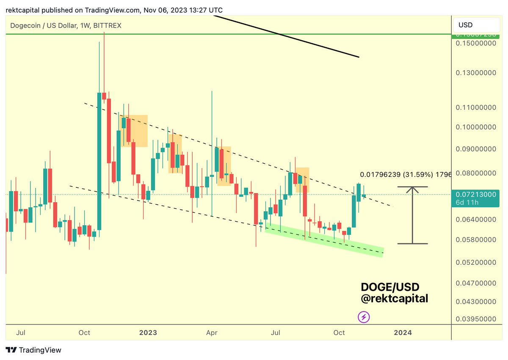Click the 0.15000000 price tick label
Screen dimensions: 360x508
476,44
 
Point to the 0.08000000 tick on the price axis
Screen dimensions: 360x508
476,173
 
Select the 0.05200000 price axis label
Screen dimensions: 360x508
476,262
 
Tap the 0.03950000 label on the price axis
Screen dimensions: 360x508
476,319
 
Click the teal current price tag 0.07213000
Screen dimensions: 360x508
476,195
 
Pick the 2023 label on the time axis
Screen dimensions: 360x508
148,333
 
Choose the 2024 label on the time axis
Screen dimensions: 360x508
403,333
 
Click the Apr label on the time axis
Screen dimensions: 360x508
212,333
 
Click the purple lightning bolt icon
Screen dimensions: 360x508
363,316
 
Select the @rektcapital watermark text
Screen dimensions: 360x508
394,298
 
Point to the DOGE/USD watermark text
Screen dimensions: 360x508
390,287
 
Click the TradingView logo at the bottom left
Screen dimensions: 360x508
33,350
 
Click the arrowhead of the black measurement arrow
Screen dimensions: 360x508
412,189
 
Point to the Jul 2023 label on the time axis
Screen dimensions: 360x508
276,333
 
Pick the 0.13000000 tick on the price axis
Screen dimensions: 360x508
476,73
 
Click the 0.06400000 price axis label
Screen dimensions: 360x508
476,220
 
